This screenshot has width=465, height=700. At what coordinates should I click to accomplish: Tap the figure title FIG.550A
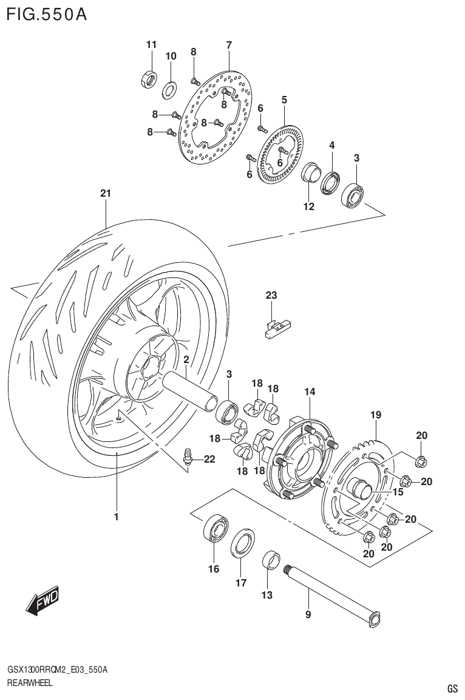tap(46, 15)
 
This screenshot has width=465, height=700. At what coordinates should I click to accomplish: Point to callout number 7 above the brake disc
tap(229, 45)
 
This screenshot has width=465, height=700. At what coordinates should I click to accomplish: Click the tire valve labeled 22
tap(190, 455)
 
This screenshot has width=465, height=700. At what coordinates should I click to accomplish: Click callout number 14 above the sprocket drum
tap(310, 392)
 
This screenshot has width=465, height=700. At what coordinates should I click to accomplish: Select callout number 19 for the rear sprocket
tap(376, 415)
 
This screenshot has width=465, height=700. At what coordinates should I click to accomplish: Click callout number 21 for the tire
tap(106, 194)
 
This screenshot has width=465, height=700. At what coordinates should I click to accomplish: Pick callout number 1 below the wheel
tap(115, 517)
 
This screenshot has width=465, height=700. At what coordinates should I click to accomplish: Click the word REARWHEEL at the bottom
tap(30, 683)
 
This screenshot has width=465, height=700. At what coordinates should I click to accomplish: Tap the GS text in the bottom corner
tap(452, 688)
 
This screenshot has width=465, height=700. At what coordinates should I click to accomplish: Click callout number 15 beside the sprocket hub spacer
tap(398, 492)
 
